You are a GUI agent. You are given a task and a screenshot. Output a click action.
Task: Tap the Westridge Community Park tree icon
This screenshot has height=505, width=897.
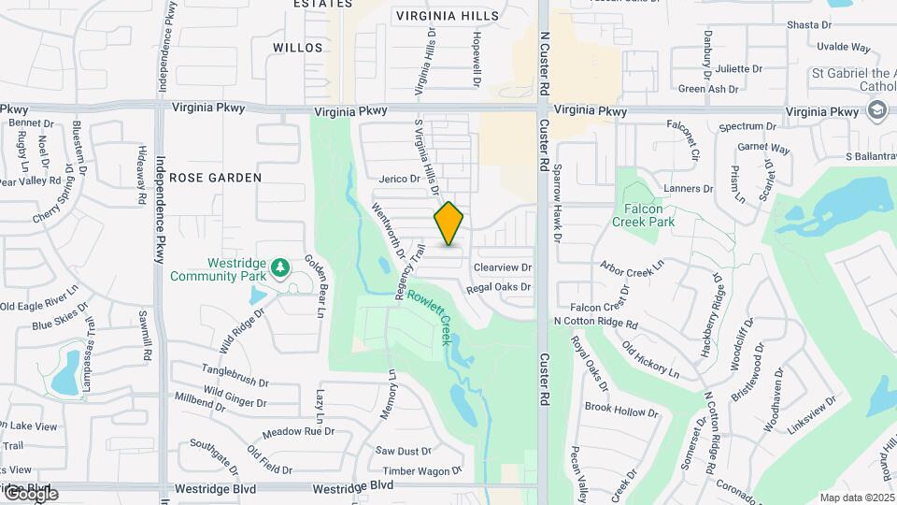(x=279, y=269)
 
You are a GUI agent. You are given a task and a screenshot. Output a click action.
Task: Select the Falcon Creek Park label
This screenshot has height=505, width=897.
(x=643, y=215)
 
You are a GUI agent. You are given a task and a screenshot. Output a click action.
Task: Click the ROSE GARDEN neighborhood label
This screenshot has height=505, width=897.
(x=216, y=177)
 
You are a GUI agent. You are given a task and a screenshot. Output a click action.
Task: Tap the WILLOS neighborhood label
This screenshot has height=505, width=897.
(x=298, y=47)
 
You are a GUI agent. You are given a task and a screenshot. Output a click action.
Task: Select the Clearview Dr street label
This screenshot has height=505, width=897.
(x=502, y=267)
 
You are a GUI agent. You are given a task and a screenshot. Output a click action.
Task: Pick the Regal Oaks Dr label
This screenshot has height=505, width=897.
(x=498, y=287)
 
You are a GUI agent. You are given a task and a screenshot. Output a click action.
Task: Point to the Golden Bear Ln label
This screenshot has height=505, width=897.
(x=312, y=286)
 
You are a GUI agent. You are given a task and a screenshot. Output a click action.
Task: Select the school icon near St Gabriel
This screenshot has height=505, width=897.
(x=876, y=111)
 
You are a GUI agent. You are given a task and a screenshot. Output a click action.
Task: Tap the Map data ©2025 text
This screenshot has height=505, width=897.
(x=856, y=498)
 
